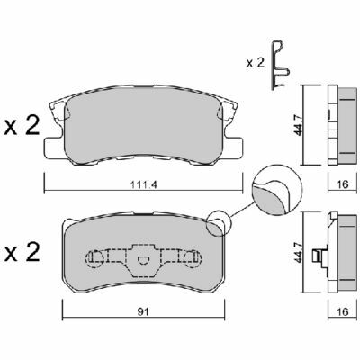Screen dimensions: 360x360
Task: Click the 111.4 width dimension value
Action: point(143,184)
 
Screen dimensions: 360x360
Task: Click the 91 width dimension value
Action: point(144,311)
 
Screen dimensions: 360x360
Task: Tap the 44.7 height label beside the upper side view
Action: point(299,124)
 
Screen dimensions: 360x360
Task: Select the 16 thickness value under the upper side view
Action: point(342,184)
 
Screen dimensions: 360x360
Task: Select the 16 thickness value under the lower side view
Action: point(342,311)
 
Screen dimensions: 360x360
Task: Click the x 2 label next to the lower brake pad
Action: point(22,252)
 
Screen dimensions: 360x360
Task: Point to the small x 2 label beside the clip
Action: point(256,63)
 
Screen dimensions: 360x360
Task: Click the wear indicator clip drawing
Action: point(279,66)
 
